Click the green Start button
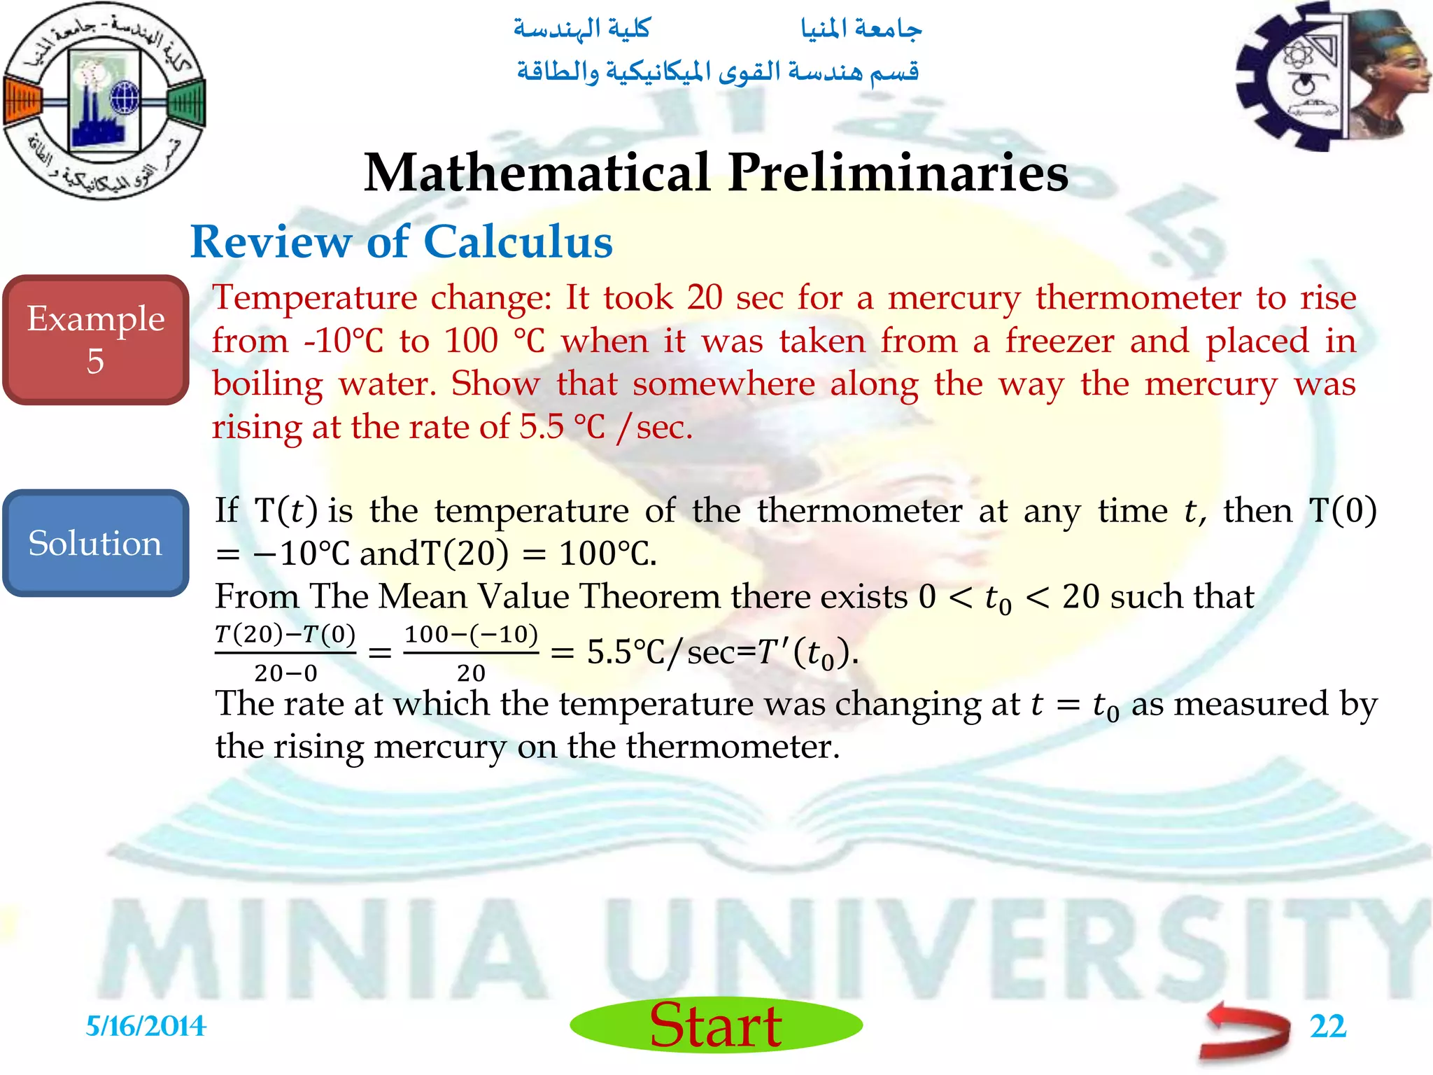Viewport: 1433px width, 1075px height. pos(716,1025)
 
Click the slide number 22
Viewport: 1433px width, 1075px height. pos(1327,1027)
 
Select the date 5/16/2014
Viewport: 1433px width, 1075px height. pos(146,1027)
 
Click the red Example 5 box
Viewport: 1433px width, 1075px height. pos(96,340)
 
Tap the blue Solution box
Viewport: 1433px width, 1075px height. pos(96,543)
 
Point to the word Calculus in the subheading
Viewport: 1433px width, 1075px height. pos(518,242)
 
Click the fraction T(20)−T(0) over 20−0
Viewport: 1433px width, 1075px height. pos(285,653)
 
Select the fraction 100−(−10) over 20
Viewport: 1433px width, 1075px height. pos(471,653)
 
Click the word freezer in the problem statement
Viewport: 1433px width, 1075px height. pos(1059,341)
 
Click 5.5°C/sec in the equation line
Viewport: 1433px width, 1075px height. pos(661,653)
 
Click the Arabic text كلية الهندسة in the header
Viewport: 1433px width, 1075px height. pos(582,29)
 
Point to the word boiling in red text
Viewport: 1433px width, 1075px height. pos(267,384)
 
